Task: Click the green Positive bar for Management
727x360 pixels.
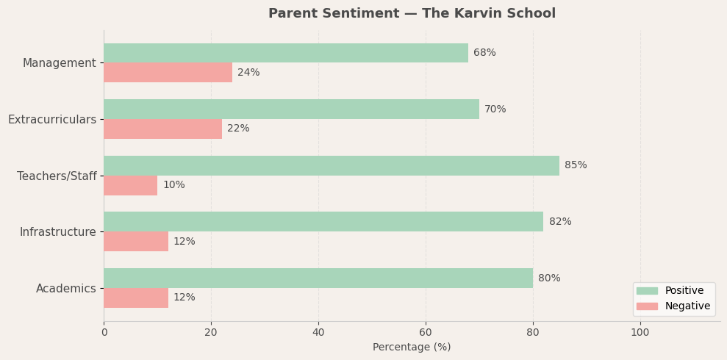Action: (286, 53)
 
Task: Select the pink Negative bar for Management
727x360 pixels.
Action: (168, 73)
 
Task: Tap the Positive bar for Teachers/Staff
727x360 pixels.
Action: (332, 165)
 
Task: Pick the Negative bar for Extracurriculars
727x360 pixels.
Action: (162, 129)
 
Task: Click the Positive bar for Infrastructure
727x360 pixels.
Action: (323, 222)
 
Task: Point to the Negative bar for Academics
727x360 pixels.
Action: (136, 298)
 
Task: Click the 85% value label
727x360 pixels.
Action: (576, 165)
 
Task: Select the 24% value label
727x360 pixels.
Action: (248, 73)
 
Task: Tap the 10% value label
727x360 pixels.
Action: (173, 185)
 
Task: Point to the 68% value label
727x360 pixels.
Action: (484, 53)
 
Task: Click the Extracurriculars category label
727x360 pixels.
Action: (52, 119)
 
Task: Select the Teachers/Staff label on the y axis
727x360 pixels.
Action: (57, 176)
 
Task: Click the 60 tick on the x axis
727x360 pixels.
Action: (426, 332)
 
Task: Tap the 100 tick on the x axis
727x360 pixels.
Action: (640, 332)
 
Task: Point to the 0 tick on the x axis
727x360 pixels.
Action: (104, 332)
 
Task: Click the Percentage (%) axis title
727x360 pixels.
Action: (412, 347)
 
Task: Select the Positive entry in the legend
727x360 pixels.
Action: (684, 291)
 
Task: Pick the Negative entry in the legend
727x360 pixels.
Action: (687, 306)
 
